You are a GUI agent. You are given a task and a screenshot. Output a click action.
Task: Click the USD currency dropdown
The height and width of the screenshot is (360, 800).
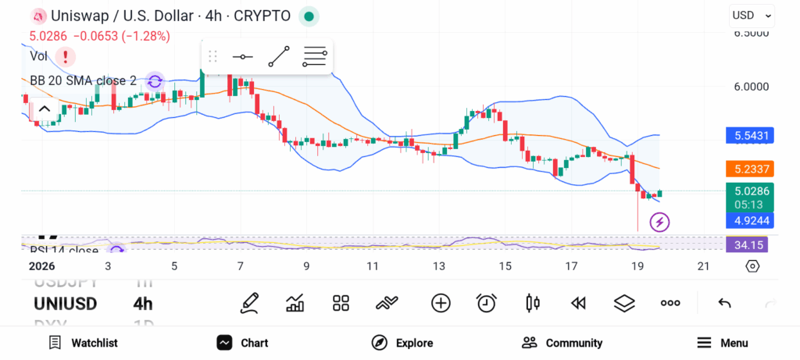752,15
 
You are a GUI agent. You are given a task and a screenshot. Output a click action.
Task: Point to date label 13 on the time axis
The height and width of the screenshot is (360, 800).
439,266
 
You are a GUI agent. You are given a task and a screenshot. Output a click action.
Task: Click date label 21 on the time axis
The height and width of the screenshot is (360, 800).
703,266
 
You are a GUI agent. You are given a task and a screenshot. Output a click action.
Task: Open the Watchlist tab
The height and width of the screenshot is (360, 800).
83,343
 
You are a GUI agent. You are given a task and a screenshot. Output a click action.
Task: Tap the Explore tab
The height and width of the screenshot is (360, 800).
402,343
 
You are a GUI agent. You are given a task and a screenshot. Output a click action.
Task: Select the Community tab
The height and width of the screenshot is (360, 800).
562,343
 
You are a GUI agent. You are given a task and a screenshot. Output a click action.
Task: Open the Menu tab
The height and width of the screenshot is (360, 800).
722,343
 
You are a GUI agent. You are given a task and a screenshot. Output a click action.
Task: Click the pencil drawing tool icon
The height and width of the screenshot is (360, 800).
250,303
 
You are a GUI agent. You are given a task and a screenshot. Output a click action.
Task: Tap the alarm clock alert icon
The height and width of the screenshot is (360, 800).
487,303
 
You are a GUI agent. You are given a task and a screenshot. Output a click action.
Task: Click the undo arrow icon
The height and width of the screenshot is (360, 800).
724,303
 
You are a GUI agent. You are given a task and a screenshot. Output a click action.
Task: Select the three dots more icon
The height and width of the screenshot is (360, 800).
670,303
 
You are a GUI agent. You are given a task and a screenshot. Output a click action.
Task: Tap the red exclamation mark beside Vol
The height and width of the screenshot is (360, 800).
66,56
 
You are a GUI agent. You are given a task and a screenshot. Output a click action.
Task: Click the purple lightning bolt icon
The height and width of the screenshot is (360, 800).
659,223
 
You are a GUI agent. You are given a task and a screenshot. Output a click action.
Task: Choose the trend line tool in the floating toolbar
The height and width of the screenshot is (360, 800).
279,56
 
